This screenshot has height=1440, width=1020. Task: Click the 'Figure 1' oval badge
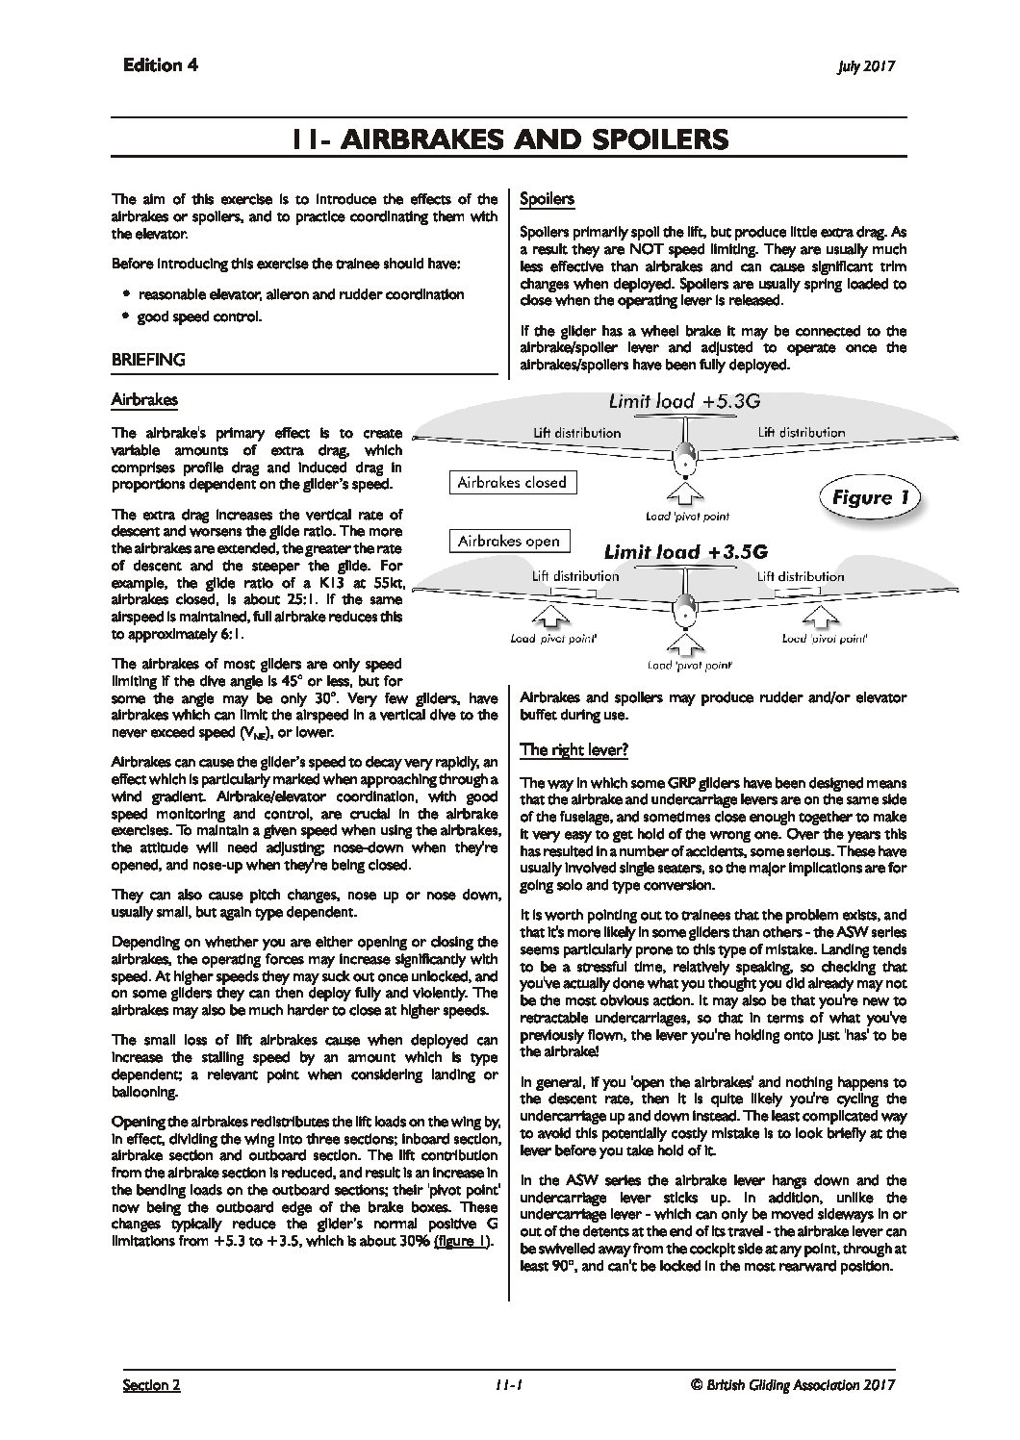[x=869, y=497]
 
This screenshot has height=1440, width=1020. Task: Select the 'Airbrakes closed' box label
[x=511, y=483]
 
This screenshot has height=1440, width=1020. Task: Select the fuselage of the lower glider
[x=683, y=609]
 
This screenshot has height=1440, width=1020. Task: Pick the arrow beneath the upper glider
[x=683, y=494]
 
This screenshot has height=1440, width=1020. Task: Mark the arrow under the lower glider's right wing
[x=824, y=617]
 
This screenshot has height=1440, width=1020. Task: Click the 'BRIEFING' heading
[x=148, y=360]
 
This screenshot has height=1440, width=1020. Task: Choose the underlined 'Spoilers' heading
[x=546, y=199]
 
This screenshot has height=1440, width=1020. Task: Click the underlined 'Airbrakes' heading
[x=143, y=398]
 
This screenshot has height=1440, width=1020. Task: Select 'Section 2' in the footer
[x=151, y=1385]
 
